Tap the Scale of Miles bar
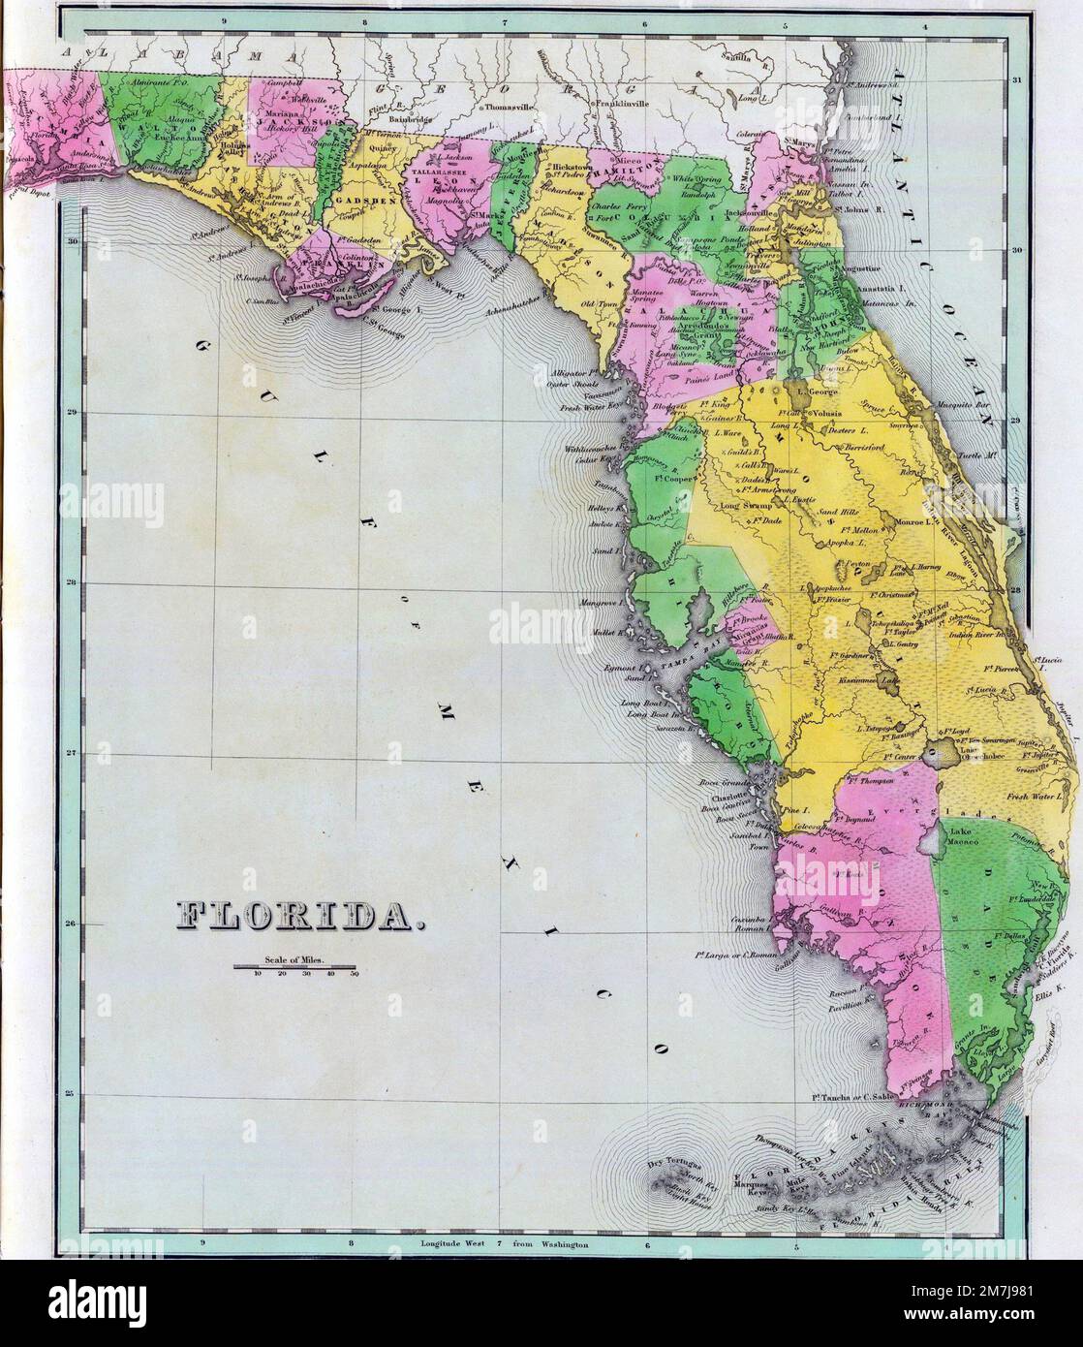point(295,967)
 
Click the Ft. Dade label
point(770,521)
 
